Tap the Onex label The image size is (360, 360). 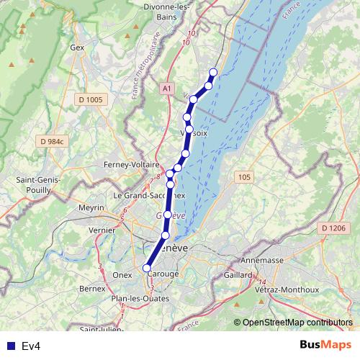click(x=122, y=274)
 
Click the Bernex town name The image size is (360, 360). click(x=92, y=288)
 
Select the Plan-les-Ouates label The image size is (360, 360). click(x=140, y=298)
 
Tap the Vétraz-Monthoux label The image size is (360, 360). click(x=287, y=289)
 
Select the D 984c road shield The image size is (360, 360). click(x=53, y=141)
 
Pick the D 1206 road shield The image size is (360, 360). click(x=334, y=228)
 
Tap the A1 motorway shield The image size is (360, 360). click(x=166, y=88)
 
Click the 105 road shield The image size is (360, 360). click(x=246, y=176)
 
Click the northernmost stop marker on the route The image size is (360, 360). click(x=213, y=71)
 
